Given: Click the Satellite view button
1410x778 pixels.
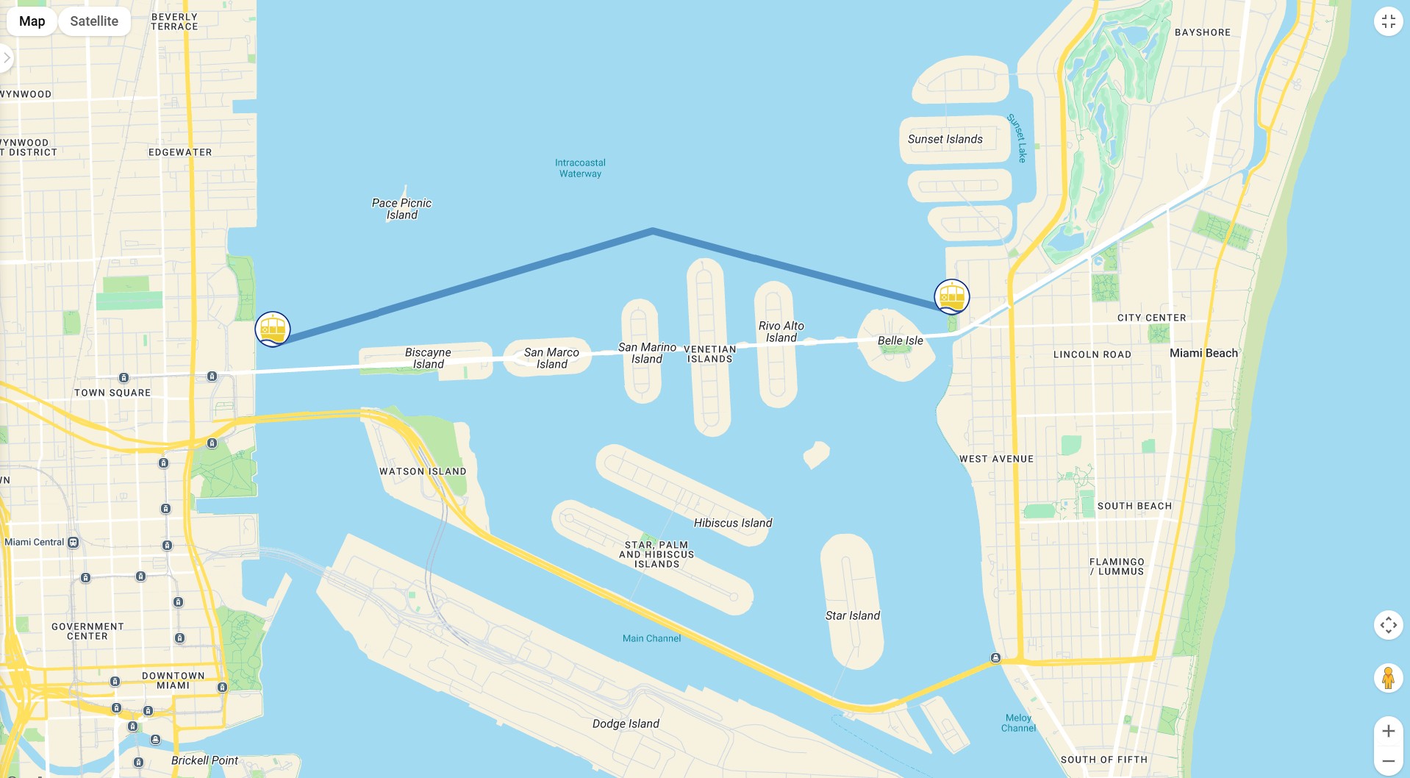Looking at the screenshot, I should click(94, 21).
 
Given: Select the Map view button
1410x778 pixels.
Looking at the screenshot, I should click(32, 21).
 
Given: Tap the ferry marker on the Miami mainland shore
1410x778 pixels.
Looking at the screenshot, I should click(273, 329).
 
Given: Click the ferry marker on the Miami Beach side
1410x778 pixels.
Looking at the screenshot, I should click(952, 296).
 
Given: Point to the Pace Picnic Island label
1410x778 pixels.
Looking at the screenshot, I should click(401, 209).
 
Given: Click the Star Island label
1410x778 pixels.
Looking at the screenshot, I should click(852, 615).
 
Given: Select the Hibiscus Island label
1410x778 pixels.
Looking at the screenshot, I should click(732, 523).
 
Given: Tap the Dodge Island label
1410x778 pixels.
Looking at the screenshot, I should click(626, 724).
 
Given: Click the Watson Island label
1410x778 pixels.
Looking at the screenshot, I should click(423, 471).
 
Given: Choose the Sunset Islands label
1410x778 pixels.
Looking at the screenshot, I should click(945, 139).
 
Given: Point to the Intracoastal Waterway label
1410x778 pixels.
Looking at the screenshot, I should click(580, 168).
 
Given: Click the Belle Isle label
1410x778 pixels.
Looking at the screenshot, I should click(900, 340).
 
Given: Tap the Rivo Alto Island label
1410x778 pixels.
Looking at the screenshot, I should click(781, 332).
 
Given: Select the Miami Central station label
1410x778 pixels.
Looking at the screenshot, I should click(35, 542).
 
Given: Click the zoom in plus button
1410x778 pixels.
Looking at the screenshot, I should click(1388, 731).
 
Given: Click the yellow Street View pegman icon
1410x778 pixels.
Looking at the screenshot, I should click(1388, 677).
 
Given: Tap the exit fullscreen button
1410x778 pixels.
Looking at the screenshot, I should click(1388, 21).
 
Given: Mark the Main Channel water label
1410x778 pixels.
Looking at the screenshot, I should click(651, 638).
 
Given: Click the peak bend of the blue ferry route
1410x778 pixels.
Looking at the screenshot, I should click(653, 231).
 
